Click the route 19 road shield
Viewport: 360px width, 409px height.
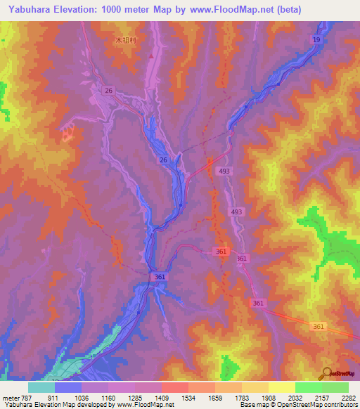tap(316, 42)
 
